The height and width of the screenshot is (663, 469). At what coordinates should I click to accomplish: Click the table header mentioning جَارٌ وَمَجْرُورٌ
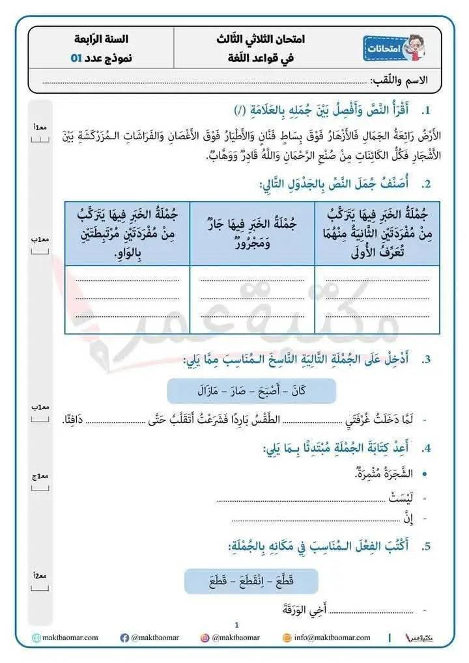tap(252, 232)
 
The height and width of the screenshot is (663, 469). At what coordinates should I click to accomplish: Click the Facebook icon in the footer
tap(124, 638)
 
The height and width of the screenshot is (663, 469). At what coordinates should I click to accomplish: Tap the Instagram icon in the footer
tap(205, 638)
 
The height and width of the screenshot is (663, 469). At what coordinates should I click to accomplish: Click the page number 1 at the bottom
tap(236, 625)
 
